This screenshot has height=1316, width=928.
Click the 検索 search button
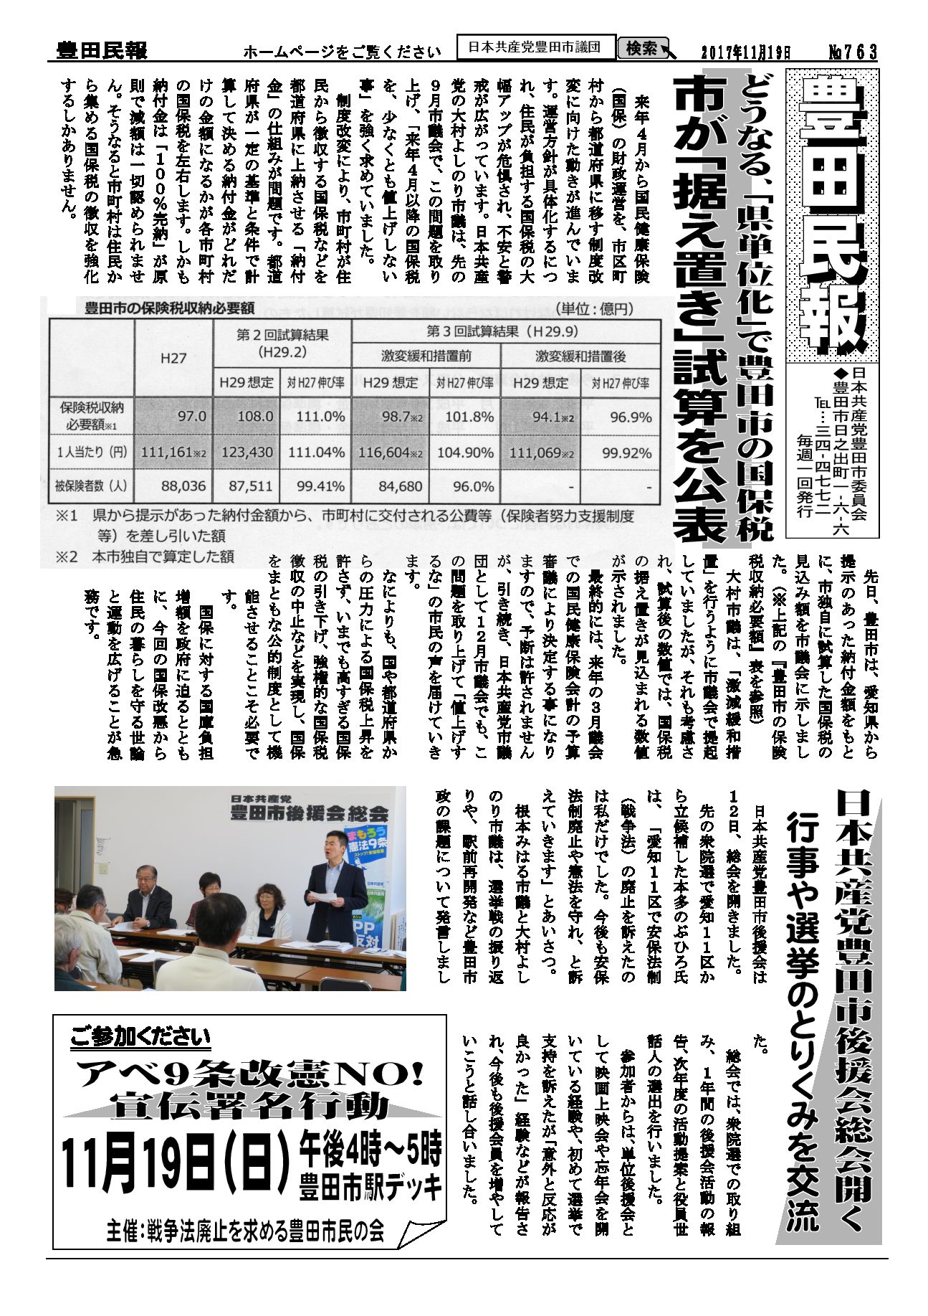point(642,49)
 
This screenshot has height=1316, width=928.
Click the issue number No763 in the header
point(852,52)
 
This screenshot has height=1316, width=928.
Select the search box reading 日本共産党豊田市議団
point(537,48)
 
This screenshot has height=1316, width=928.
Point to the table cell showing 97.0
point(175,417)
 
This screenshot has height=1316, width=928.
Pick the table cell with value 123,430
point(246,453)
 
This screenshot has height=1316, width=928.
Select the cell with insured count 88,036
point(175,486)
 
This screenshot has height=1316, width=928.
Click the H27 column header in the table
point(173,358)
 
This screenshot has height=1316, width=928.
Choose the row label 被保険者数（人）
point(92,486)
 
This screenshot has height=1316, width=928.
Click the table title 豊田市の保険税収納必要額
point(169,309)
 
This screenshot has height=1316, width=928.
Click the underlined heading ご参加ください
point(140,1037)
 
